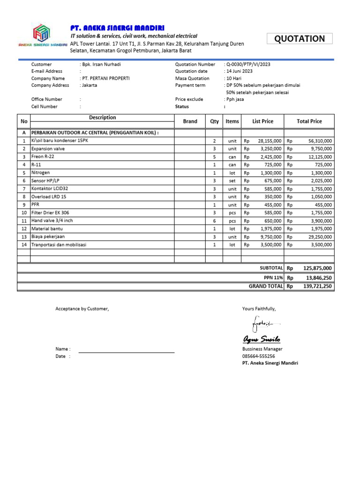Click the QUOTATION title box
(x=300, y=39)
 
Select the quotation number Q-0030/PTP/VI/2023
(x=248, y=64)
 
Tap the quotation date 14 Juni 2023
(x=241, y=71)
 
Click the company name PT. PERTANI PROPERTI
(x=105, y=78)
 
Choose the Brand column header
(x=190, y=121)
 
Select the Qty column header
(x=214, y=121)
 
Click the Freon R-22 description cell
(x=43, y=157)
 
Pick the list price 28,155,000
(x=269, y=141)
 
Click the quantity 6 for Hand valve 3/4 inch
(x=214, y=221)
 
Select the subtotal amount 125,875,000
(x=317, y=268)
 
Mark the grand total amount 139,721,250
(x=317, y=286)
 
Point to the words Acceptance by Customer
(x=82, y=309)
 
